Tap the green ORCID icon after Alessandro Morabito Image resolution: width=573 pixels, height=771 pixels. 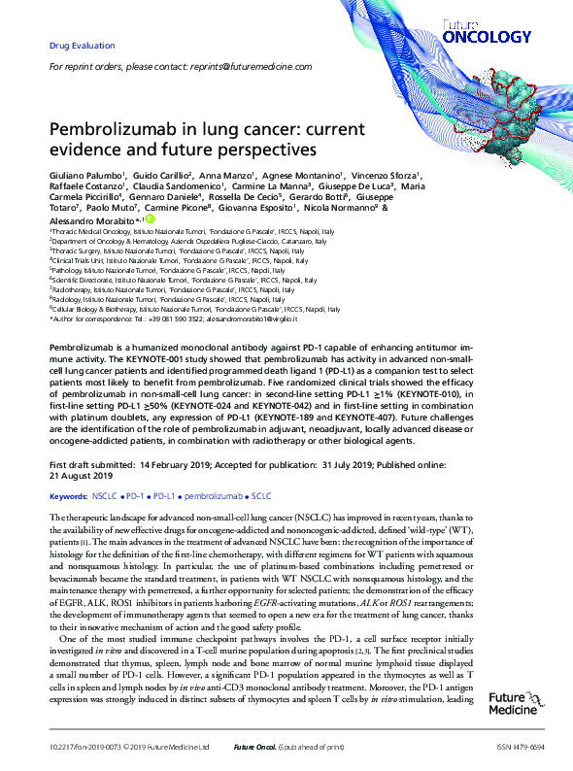[150, 219]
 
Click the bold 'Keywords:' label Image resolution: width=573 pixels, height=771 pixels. [67, 494]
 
